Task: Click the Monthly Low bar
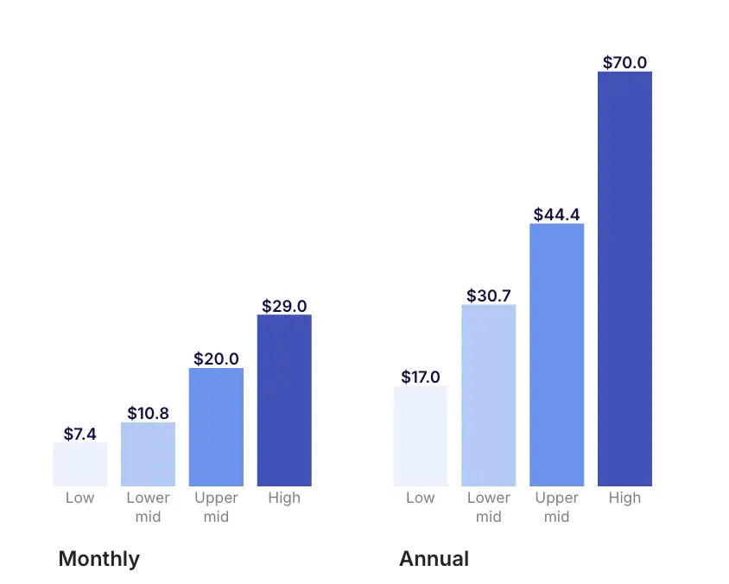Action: (80, 464)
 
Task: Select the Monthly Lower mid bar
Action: (148, 454)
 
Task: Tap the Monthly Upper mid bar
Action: (216, 427)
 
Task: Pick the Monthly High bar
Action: (284, 400)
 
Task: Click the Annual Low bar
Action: (421, 435)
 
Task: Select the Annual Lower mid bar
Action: (489, 395)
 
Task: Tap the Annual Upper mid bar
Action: (556, 354)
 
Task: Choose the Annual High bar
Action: (624, 278)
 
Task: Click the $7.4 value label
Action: (80, 434)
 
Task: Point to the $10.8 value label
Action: (148, 413)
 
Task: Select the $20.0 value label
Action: (216, 359)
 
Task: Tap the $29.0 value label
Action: (284, 306)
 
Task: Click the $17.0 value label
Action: (421, 377)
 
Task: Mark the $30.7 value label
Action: (489, 295)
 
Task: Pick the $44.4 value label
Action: (556, 214)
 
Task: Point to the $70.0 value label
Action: (624, 62)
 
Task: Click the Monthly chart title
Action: (98, 559)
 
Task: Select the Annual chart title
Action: (434, 559)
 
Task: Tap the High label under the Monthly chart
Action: (284, 498)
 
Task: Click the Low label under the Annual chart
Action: (421, 498)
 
